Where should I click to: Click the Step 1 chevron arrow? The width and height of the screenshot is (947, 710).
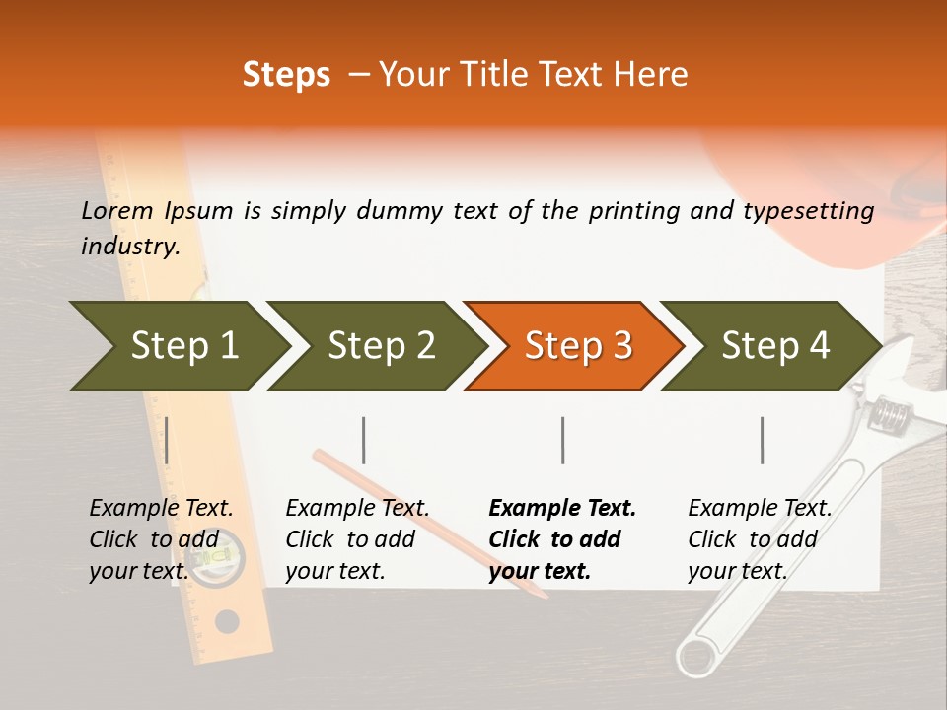point(178,345)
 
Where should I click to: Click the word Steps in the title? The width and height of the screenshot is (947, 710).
point(286,74)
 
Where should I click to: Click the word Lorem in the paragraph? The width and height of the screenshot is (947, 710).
point(117,210)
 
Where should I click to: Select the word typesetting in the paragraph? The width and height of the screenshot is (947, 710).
point(808,210)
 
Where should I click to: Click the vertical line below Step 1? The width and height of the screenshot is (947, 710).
point(167,440)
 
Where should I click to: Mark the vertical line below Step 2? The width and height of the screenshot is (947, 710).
point(364,440)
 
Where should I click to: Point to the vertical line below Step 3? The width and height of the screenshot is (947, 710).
point(562,440)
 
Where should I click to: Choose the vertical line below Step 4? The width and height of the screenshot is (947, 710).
point(762,440)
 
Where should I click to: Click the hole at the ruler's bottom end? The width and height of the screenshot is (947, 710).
point(228,621)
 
